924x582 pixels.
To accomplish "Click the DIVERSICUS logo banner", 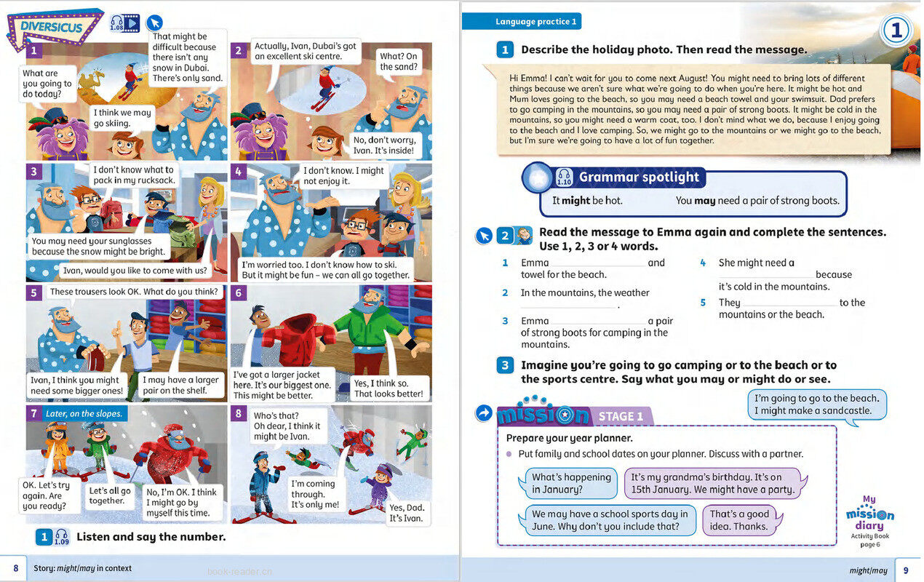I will click(x=54, y=28).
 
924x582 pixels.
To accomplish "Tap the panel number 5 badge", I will click(x=33, y=293).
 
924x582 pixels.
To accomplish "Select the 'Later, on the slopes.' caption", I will click(x=84, y=413).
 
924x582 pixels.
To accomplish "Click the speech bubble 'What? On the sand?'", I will click(x=399, y=61).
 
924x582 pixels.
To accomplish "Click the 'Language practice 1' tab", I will click(x=535, y=22).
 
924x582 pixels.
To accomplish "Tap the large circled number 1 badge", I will click(x=896, y=31).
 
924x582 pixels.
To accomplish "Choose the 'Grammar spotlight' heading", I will click(x=638, y=177).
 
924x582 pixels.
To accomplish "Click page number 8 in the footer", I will click(x=15, y=568).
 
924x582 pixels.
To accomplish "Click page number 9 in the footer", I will click(x=906, y=570).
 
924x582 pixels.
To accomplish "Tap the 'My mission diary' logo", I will click(x=869, y=516).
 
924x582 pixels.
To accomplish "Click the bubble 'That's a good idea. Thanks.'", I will click(x=738, y=520).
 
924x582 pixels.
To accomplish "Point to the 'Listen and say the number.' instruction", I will click(x=151, y=537).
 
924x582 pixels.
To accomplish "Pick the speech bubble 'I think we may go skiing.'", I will click(x=122, y=118).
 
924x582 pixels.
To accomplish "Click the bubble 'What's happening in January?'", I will click(x=571, y=483).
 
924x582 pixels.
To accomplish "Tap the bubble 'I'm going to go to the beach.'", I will click(x=816, y=404).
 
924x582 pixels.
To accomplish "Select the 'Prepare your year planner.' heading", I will click(x=569, y=438).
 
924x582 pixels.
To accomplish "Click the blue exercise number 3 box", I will click(x=505, y=365).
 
